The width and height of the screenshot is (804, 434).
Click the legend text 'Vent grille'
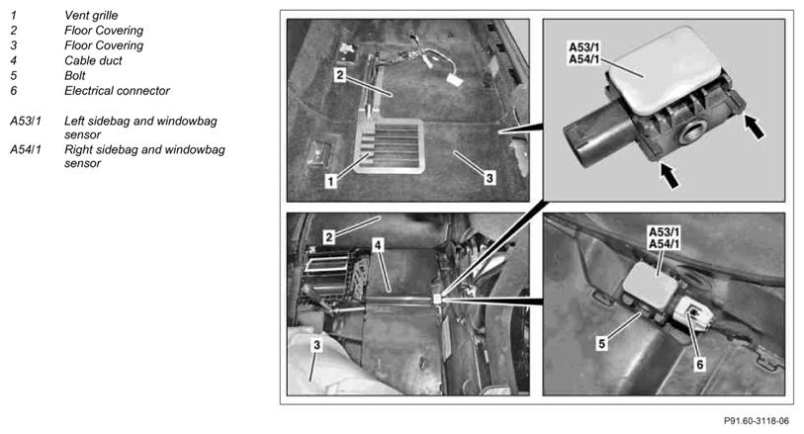(91, 16)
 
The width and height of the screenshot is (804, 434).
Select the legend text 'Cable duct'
(93, 60)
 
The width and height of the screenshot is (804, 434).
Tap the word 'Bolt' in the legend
(75, 75)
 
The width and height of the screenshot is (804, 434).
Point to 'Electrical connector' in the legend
(117, 91)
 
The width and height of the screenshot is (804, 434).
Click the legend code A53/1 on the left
(26, 122)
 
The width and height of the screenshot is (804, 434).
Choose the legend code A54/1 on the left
(26, 149)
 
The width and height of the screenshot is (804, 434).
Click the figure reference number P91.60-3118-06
(757, 421)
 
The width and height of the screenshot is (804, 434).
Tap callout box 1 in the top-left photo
(330, 181)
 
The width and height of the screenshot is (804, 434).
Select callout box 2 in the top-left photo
(340, 75)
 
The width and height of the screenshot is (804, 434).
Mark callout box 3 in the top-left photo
(490, 178)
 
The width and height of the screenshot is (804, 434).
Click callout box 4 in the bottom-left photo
(378, 245)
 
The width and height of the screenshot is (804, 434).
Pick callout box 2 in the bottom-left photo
(329, 236)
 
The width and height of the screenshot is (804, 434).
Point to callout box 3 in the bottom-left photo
(316, 345)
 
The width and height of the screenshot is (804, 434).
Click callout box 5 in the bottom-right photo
(602, 343)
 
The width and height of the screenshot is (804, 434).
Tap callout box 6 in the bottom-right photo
(699, 364)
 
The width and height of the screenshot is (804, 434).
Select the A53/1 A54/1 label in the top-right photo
(584, 53)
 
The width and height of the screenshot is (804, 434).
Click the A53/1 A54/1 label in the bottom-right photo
(664, 237)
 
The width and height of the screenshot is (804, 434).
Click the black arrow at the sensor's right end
(755, 128)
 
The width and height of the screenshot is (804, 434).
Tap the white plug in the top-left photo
(454, 80)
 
